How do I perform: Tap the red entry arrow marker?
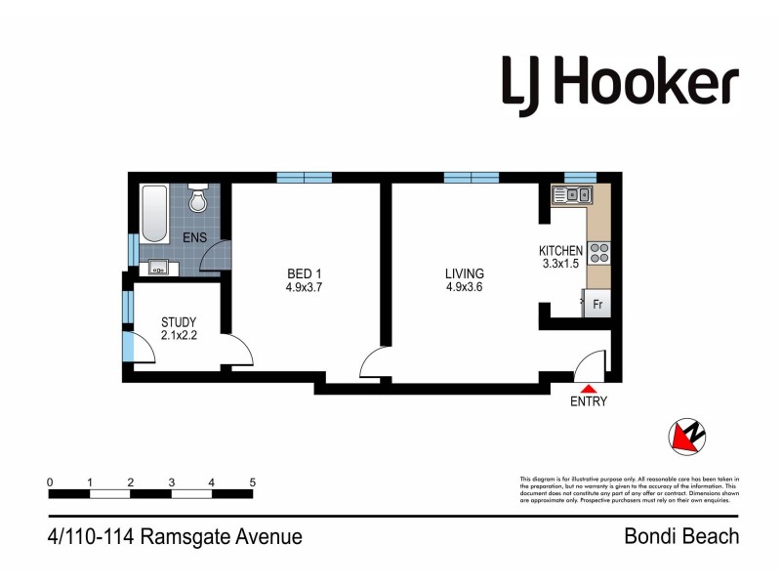(x=589, y=389)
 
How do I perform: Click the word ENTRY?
(x=589, y=401)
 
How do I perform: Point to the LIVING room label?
(x=465, y=273)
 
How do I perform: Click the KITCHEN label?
(x=561, y=250)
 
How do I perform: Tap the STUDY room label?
(x=180, y=322)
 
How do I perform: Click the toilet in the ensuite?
(x=198, y=199)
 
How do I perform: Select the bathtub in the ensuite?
(x=152, y=214)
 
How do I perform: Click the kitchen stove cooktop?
(x=598, y=253)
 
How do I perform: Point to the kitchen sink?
(x=570, y=194)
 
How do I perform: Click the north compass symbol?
(x=687, y=437)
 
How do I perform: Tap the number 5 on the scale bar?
(x=253, y=482)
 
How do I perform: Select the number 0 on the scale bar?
(x=49, y=482)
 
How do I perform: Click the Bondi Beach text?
(x=681, y=536)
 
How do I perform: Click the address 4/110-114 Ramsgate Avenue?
(x=174, y=536)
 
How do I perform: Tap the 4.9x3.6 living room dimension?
(x=465, y=287)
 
